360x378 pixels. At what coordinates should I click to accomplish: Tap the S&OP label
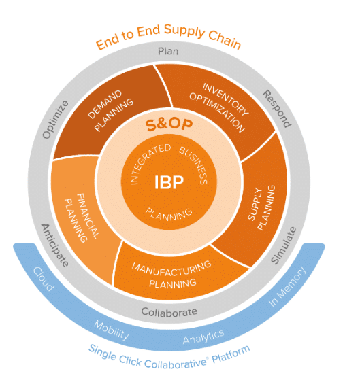(168, 126)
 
